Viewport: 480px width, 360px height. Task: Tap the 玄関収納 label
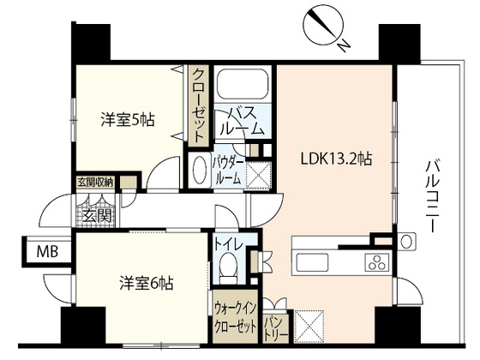[96, 182]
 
